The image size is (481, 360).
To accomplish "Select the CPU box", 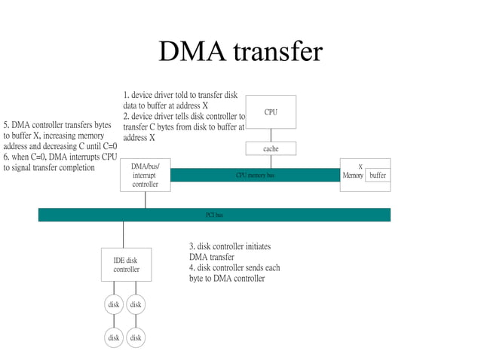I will (x=271, y=112).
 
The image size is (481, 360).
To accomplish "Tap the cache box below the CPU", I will (x=271, y=148).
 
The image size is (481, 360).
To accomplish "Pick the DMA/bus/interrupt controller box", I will (x=146, y=175).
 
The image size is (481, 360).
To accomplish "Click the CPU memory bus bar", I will (x=255, y=175).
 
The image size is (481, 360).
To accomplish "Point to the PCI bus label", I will (x=214, y=215).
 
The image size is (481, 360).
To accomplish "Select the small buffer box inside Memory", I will (x=378, y=175).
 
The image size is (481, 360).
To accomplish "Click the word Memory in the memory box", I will (x=353, y=175).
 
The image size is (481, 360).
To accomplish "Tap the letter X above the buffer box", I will (x=360, y=166).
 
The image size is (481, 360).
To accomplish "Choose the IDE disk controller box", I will (x=127, y=264).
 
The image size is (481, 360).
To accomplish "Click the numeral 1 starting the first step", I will (x=125, y=96).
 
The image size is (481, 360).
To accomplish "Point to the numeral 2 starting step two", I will (x=125, y=117).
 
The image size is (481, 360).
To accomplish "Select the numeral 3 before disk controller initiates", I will (x=191, y=246).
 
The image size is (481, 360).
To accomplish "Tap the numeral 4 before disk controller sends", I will (x=191, y=267).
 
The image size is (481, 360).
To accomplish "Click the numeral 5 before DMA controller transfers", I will (x=6, y=124).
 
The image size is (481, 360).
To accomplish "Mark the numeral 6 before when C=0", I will (x=6, y=157).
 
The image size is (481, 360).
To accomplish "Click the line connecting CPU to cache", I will (x=271, y=135).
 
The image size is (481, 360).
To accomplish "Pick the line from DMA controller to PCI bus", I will (x=146, y=200).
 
